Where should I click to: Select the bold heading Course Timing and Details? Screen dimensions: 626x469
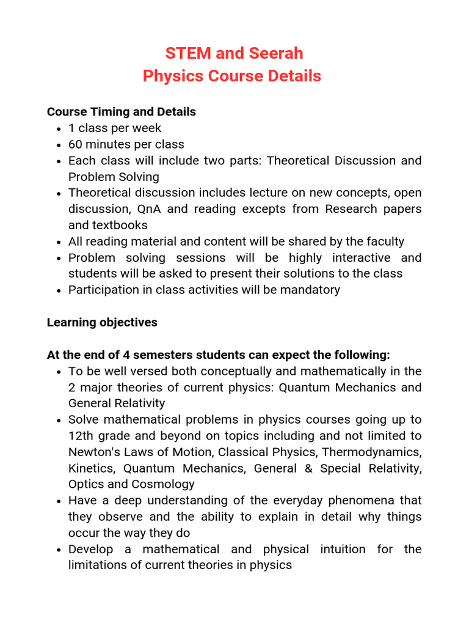[122, 112]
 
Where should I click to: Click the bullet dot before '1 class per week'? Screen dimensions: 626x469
[58, 128]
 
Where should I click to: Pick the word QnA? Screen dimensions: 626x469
[150, 209]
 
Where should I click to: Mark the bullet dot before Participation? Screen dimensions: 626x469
[58, 290]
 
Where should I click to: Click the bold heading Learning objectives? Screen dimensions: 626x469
[102, 322]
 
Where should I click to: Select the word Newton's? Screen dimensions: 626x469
[92, 452]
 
